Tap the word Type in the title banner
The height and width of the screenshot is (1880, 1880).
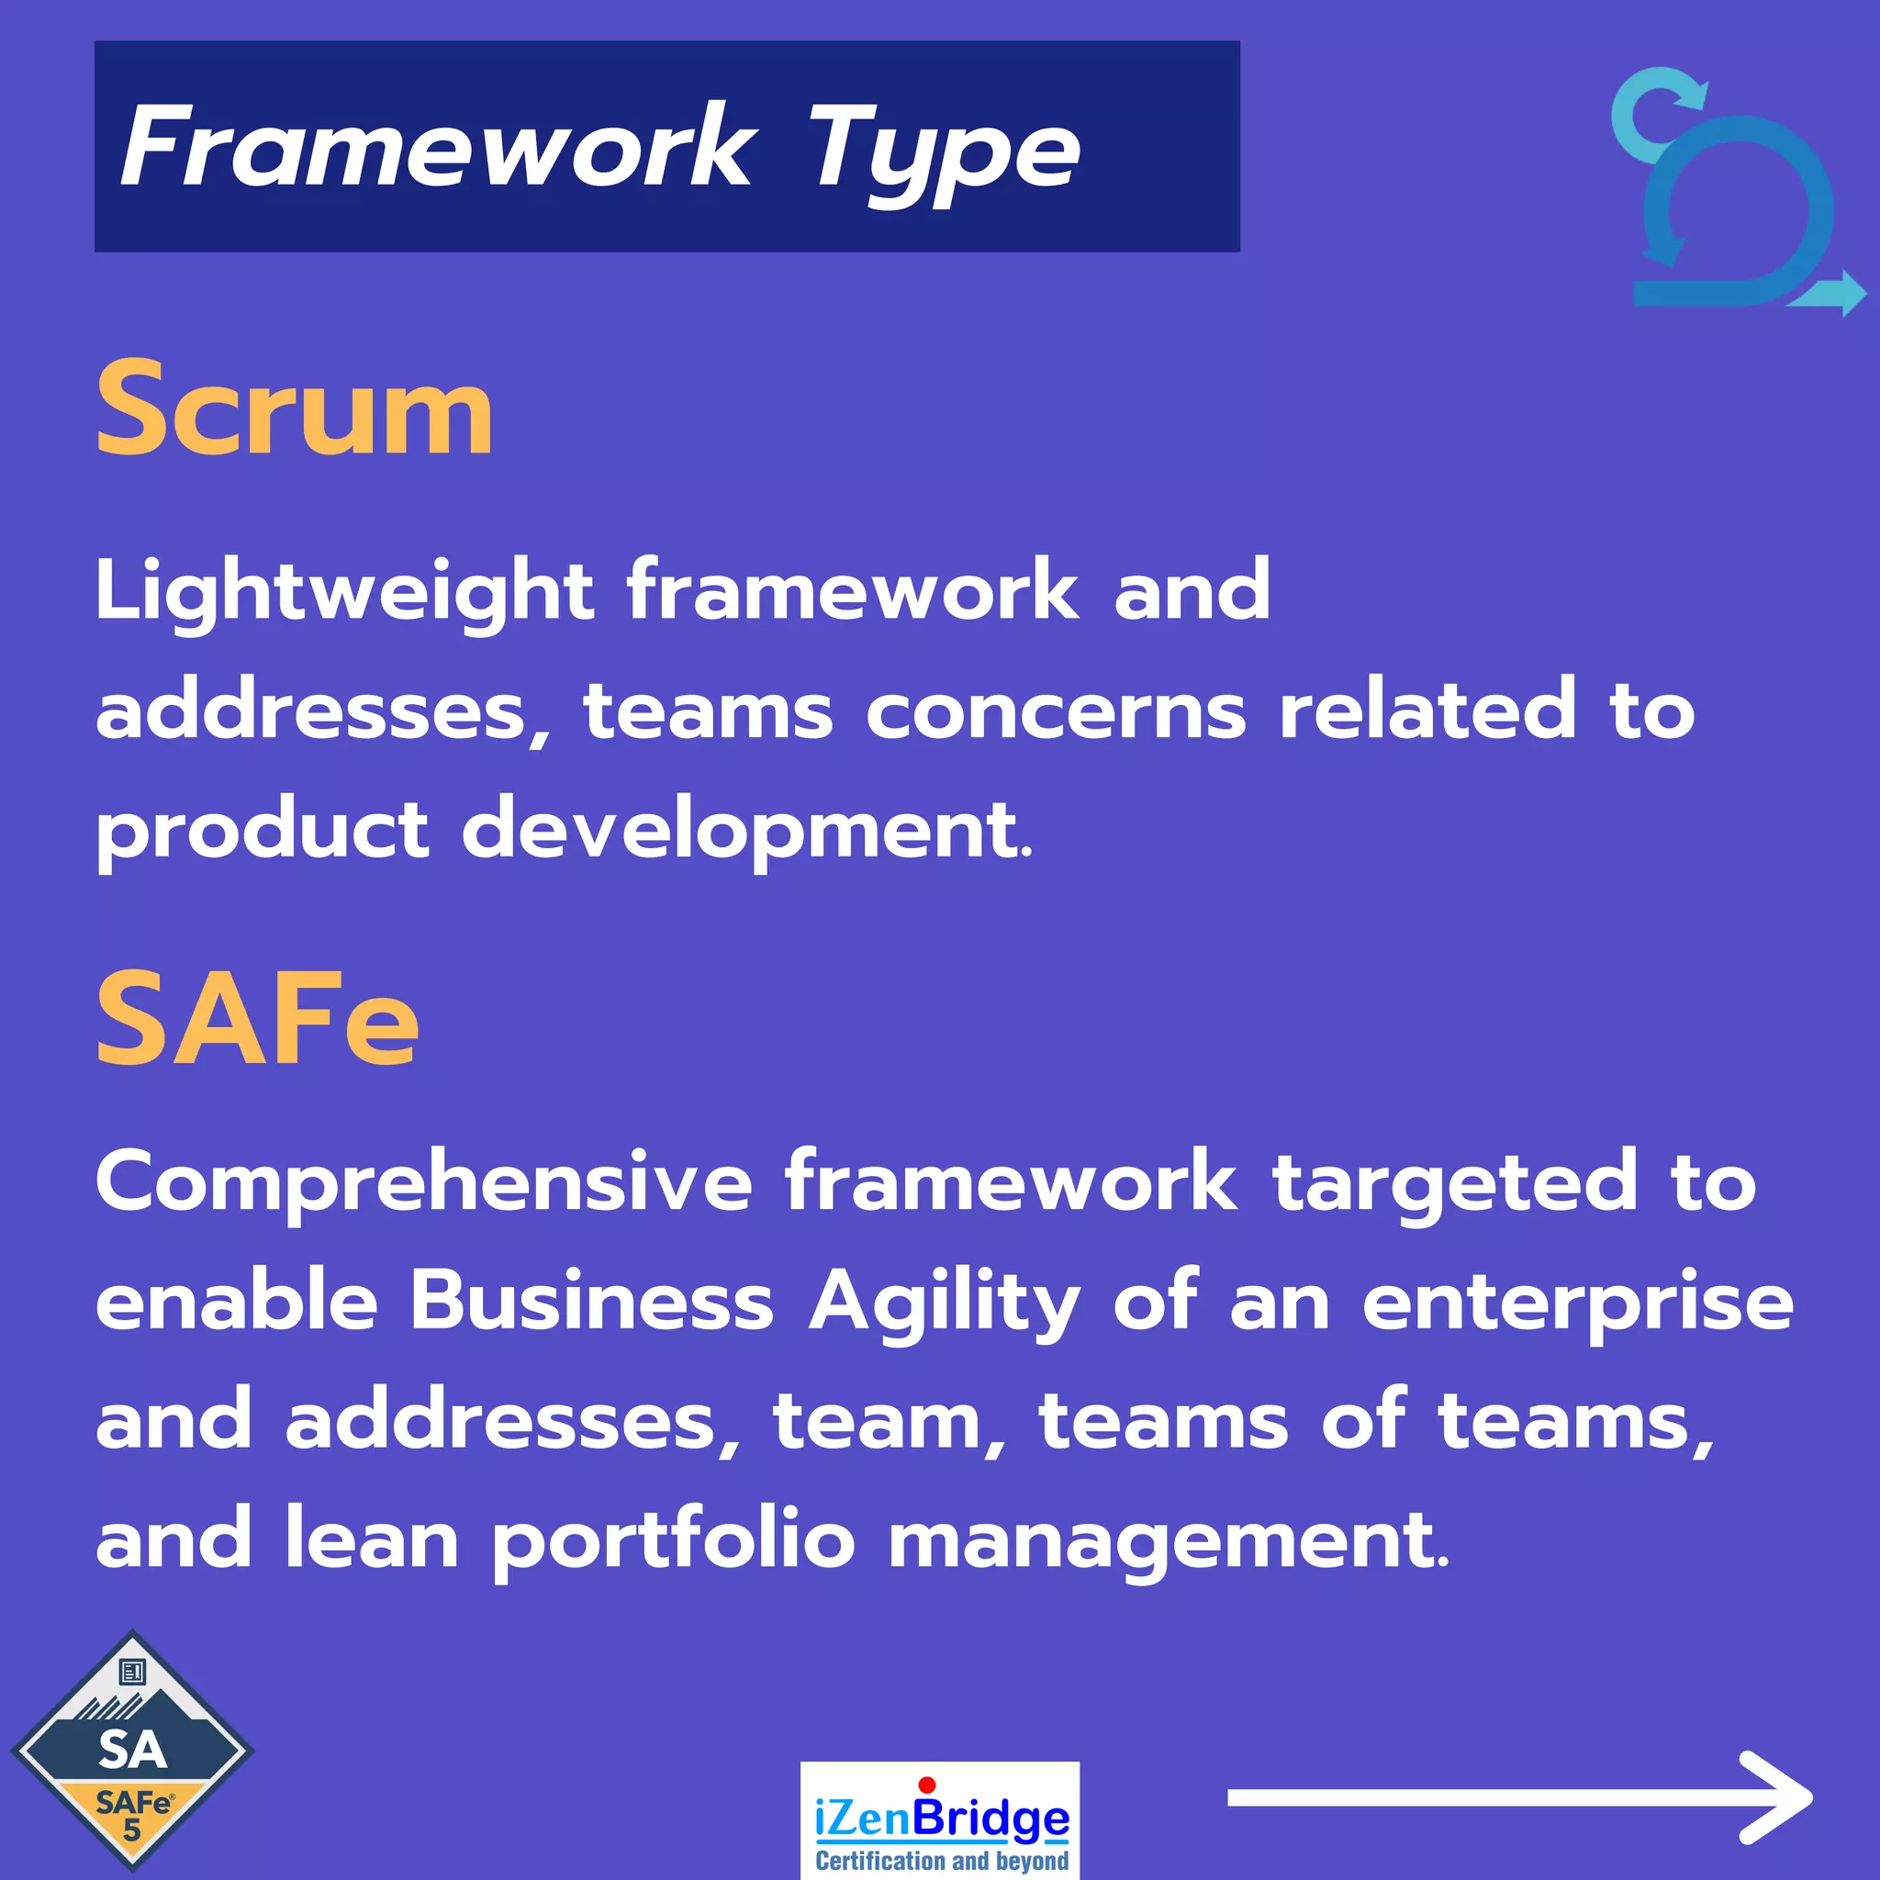tap(943, 151)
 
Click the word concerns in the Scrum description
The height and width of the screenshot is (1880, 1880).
tap(1055, 711)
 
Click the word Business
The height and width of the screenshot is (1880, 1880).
tap(590, 1302)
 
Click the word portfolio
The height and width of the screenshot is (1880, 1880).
tap(672, 1541)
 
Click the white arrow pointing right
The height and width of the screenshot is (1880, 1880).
tap(1518, 1797)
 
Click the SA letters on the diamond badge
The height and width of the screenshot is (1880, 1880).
tap(132, 1750)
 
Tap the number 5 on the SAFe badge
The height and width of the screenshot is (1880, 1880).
tap(131, 1830)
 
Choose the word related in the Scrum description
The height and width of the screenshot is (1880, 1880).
tap(1427, 710)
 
